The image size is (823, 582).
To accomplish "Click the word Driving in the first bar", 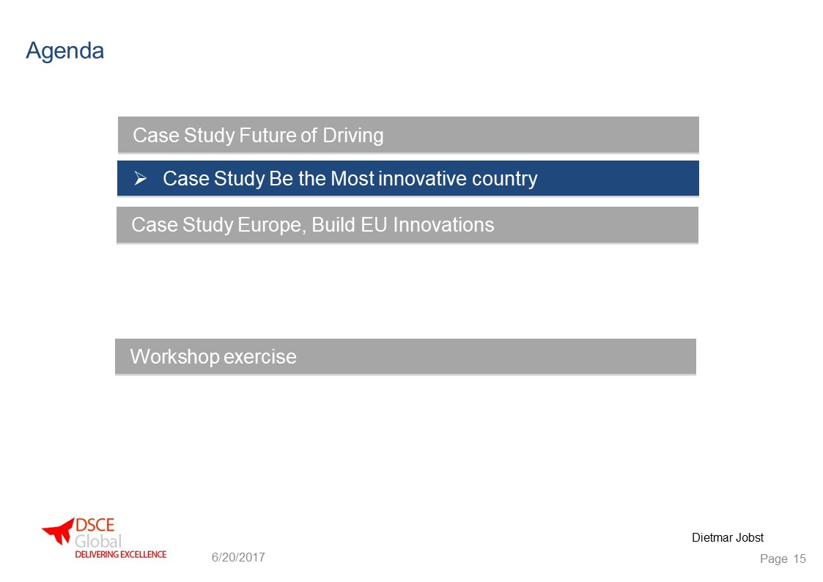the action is tap(353, 136).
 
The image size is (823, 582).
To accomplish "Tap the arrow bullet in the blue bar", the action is tap(140, 178).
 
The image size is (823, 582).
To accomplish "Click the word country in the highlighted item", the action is tap(505, 180).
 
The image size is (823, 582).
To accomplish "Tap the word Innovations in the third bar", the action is tap(443, 224).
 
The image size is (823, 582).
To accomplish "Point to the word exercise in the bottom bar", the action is tap(260, 357).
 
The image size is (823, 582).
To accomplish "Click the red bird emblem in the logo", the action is tap(58, 531).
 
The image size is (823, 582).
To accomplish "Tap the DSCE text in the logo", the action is tap(95, 525).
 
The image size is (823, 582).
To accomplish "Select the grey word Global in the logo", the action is tap(98, 541).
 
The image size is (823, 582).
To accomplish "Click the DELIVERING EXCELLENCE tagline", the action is tap(121, 554).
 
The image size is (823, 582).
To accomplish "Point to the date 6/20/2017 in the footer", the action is tap(238, 557).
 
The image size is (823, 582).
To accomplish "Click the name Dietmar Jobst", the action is tap(728, 537).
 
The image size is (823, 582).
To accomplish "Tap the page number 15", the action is tap(800, 559).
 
